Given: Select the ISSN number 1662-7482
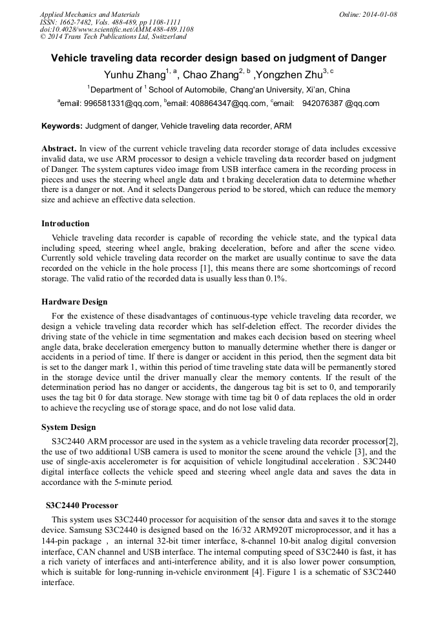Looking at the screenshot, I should tap(75, 22).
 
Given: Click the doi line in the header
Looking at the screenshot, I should tap(116, 30).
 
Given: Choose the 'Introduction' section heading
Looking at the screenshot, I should tap(65, 224).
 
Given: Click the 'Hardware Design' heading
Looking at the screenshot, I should tap(74, 302).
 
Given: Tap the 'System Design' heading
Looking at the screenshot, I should tap(68, 427).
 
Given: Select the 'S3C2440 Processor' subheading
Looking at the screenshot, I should tap(82, 505).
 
